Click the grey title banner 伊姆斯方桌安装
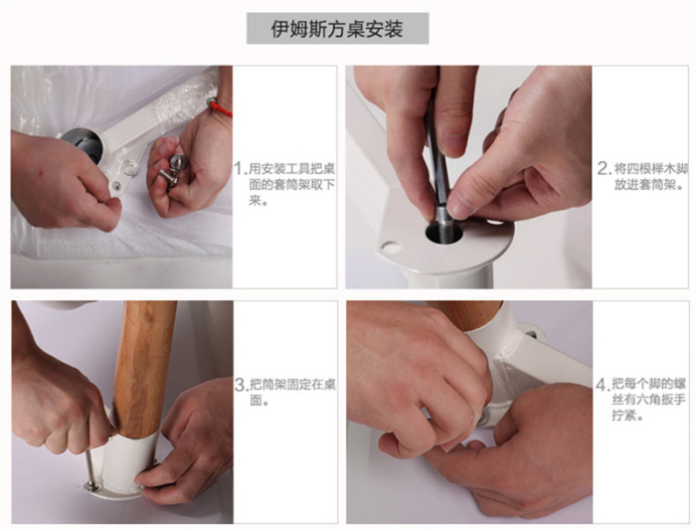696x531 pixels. (x=337, y=29)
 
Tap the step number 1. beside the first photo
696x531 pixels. (x=241, y=169)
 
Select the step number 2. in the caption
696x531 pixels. (x=605, y=169)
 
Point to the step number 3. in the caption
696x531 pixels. (x=242, y=385)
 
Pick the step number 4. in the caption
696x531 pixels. (x=604, y=385)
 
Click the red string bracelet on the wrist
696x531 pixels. (x=220, y=106)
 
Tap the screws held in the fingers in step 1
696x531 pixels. (x=172, y=171)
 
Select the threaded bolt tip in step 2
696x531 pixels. (x=441, y=221)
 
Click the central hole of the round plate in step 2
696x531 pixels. (x=443, y=233)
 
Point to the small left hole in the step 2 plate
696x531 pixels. (x=392, y=247)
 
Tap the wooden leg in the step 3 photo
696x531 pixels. (x=144, y=369)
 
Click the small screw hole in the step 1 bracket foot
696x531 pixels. (x=116, y=184)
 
